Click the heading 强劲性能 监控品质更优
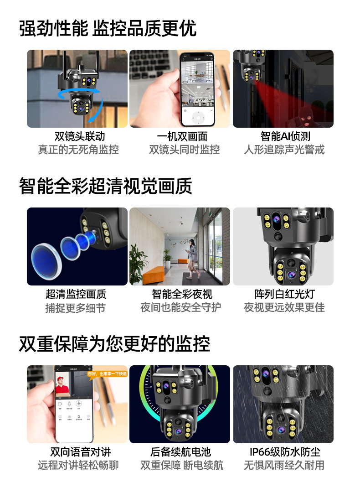click(x=108, y=29)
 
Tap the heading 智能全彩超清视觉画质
click(x=105, y=187)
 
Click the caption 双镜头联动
click(x=79, y=136)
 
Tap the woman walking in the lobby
click(x=193, y=256)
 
